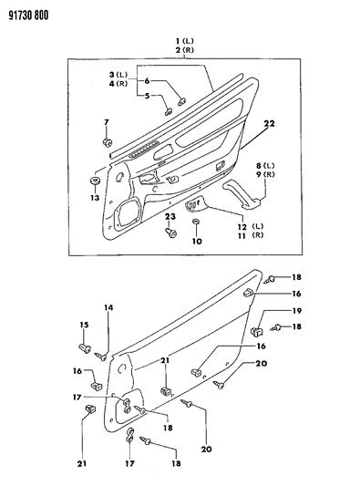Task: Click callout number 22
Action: (x=269, y=124)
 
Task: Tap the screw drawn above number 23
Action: (x=170, y=233)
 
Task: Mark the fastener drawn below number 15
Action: (x=87, y=347)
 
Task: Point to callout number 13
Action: (x=94, y=196)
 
